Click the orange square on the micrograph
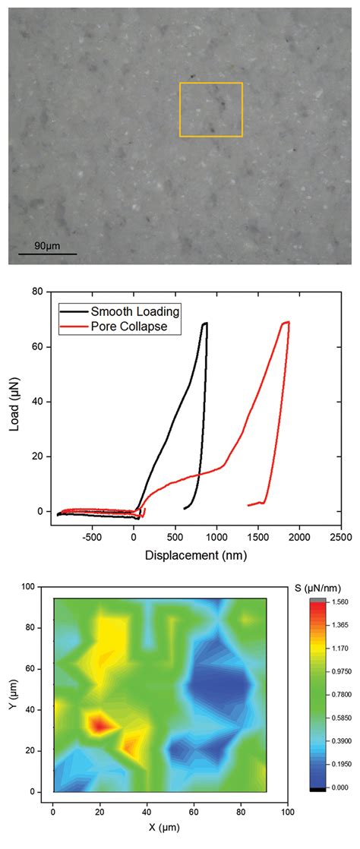tap(210, 109)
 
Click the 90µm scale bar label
tap(46, 245)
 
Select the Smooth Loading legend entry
tap(134, 311)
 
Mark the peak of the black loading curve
tap(204, 324)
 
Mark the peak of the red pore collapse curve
tap(287, 322)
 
